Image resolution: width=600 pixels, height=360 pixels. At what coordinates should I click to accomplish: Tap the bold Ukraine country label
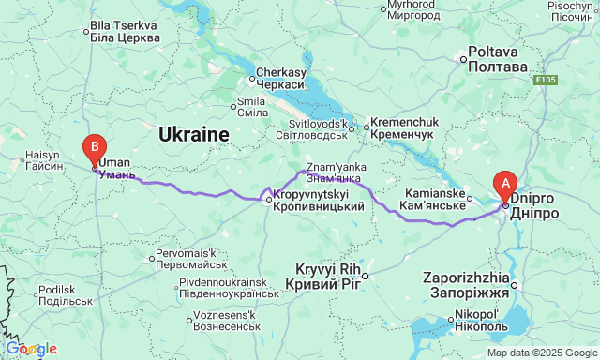pos(194,135)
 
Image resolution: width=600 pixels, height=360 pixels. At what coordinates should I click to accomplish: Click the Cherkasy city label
pos(281,78)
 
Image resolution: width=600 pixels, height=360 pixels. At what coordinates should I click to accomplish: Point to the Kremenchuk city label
pos(403,128)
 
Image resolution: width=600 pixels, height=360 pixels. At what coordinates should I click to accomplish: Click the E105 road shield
pos(548,82)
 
